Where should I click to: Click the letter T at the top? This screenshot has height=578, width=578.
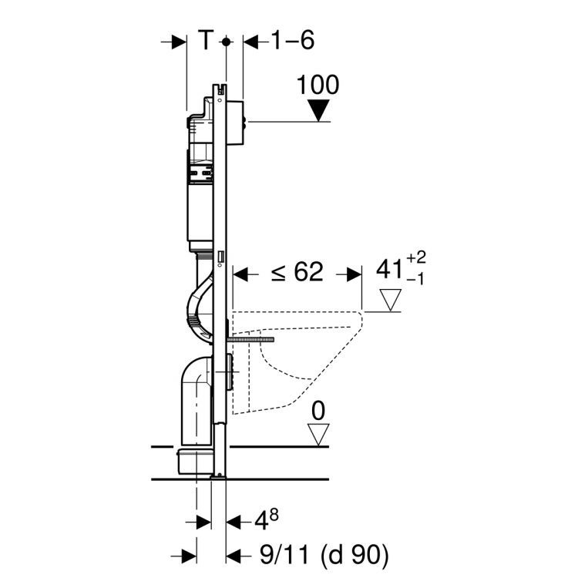point(206,40)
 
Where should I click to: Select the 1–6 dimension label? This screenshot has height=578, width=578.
point(293,40)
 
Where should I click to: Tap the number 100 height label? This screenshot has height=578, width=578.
point(318,85)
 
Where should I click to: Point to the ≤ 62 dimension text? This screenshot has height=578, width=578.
point(297,272)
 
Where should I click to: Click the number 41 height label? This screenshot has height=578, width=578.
point(389,269)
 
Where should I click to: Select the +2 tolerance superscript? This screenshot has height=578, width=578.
point(416,257)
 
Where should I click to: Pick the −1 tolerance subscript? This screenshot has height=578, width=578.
point(415,280)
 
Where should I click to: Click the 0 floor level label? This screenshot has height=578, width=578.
point(318,411)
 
